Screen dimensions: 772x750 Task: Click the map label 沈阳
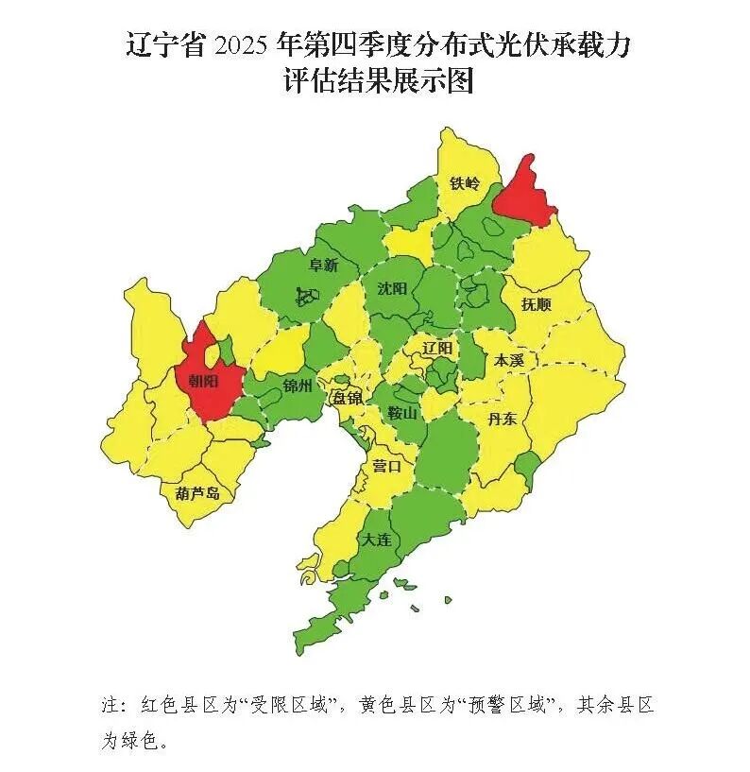tap(391, 288)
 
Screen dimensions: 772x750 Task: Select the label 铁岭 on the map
tap(465, 182)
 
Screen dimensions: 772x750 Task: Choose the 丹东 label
tap(501, 419)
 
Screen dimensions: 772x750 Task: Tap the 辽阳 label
tap(437, 348)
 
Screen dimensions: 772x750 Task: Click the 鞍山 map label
tap(402, 413)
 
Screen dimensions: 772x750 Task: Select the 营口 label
tap(386, 466)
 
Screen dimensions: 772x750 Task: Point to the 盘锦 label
tap(346, 398)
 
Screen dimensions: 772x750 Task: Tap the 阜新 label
tap(323, 266)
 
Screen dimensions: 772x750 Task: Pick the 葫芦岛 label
tap(197, 493)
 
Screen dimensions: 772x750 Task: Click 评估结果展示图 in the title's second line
tap(377, 81)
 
